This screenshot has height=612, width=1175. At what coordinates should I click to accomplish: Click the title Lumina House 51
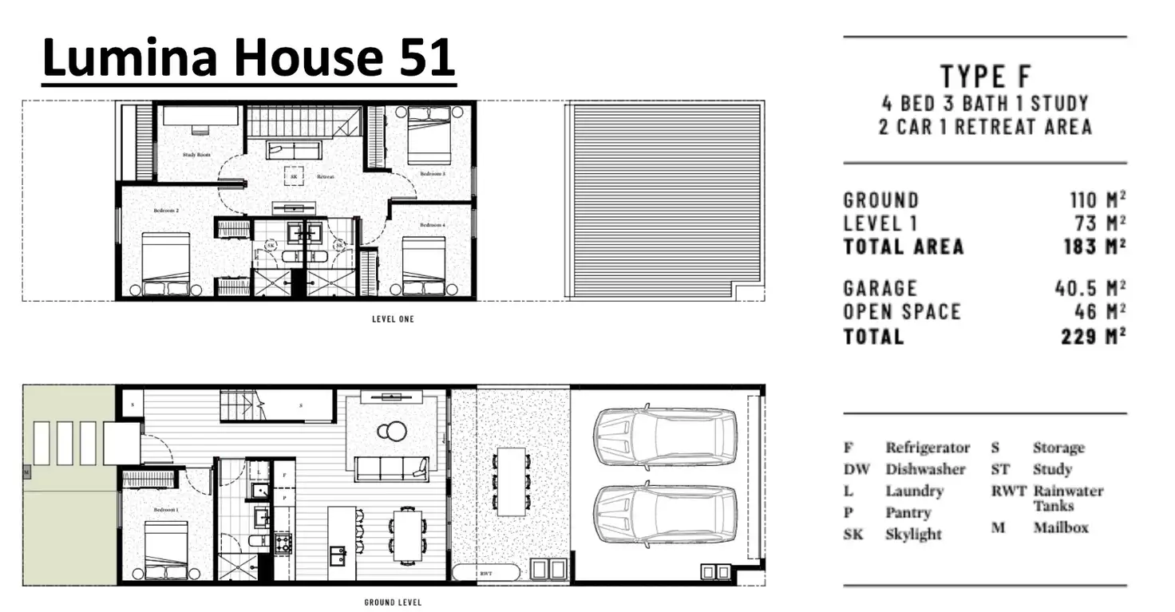248,58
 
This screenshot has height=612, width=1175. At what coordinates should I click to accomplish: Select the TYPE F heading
985,77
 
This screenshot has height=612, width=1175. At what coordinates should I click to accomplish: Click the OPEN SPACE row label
901,312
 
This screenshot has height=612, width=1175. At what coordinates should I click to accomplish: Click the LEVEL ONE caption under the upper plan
393,319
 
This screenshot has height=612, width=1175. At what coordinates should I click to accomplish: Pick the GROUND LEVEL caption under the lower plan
393,602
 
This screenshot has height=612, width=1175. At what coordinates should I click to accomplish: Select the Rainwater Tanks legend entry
1067,498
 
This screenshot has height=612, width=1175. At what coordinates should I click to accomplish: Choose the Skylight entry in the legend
913,535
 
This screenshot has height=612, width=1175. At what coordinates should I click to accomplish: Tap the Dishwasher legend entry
924,470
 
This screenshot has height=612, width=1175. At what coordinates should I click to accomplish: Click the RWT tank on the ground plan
485,572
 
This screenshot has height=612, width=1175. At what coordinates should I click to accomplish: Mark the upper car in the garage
664,436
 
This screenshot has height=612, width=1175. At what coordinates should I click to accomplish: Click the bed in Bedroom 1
166,551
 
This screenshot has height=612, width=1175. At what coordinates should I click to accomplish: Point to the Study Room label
196,154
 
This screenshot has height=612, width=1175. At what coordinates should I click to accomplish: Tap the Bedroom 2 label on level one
165,211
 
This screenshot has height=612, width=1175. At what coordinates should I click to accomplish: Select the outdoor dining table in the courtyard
511,480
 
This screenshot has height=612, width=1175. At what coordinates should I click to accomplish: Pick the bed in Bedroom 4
423,266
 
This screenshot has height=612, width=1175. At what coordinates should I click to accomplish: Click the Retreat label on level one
325,176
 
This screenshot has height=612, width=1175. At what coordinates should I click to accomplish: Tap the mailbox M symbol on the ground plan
27,473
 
